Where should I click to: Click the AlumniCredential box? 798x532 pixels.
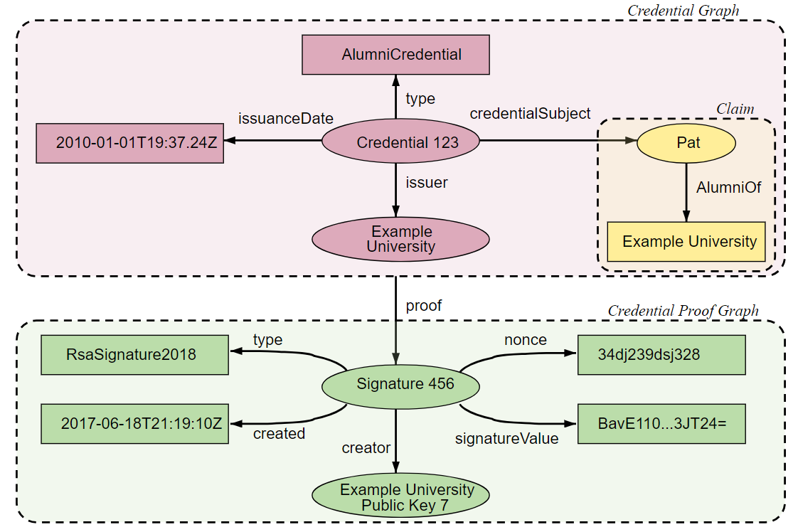[x=396, y=55]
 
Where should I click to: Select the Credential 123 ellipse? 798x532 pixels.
[x=400, y=142]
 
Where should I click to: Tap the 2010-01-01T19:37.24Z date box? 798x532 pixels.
[x=130, y=142]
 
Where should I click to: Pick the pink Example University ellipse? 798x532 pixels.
[x=400, y=239]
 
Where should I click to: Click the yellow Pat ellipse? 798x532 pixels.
[x=686, y=143]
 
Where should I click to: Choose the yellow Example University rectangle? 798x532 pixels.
[x=686, y=242]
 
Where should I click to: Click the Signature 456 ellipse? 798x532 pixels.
[x=400, y=385]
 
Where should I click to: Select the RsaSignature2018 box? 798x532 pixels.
[x=134, y=354]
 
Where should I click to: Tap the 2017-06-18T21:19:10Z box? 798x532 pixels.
[x=134, y=424]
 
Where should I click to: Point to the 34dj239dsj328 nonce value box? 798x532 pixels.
[x=661, y=354]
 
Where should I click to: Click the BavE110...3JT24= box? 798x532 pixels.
[x=661, y=424]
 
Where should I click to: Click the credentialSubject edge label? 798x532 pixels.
[x=530, y=113]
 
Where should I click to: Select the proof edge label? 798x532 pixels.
[x=423, y=306]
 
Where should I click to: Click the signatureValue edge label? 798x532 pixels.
[x=506, y=439]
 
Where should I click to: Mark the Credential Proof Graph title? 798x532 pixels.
[x=683, y=311]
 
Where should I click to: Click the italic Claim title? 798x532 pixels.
[x=735, y=109]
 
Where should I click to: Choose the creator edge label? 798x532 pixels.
[x=366, y=447]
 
